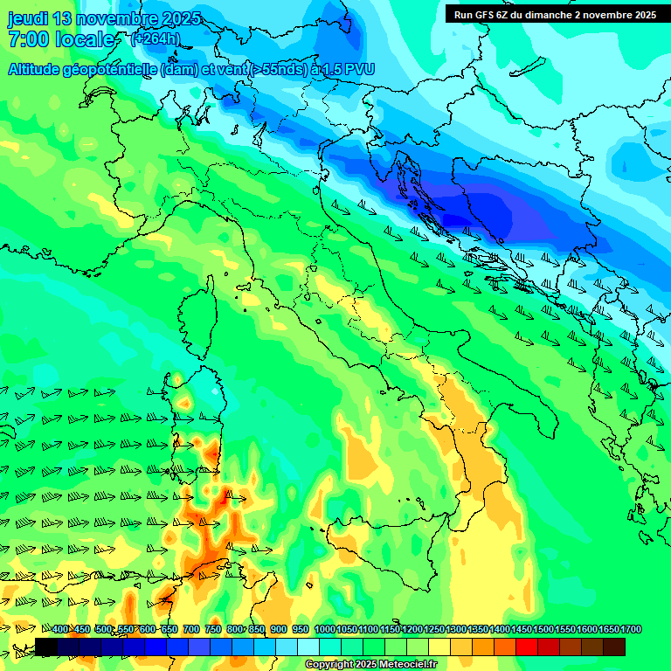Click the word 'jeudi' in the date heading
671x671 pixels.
coord(29,18)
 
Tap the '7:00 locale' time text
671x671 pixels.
coord(61,39)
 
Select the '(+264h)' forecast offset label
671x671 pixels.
coord(156,39)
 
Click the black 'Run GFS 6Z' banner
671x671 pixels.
coord(555,15)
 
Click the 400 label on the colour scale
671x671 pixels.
coord(60,630)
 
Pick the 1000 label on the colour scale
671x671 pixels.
coord(324,630)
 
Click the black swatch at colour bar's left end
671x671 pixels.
coord(46,647)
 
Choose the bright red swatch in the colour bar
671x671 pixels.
coord(527,647)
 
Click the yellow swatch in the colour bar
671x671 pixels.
coord(439,647)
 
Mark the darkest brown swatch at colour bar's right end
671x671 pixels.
coord(614,647)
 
